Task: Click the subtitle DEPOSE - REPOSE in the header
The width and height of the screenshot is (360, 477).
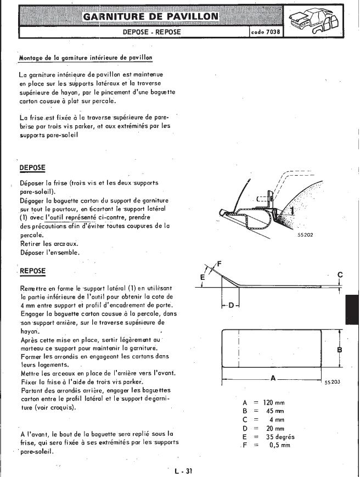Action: click(151, 32)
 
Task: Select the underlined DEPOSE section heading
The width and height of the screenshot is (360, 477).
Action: click(32, 167)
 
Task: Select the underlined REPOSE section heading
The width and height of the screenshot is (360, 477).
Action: click(32, 271)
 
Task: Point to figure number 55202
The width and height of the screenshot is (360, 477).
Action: click(305, 234)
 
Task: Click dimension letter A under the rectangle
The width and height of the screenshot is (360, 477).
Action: click(273, 379)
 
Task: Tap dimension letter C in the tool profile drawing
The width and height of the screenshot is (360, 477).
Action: click(340, 274)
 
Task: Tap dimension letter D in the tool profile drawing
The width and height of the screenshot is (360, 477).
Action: click(231, 305)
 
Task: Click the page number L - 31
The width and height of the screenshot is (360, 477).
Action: click(181, 470)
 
